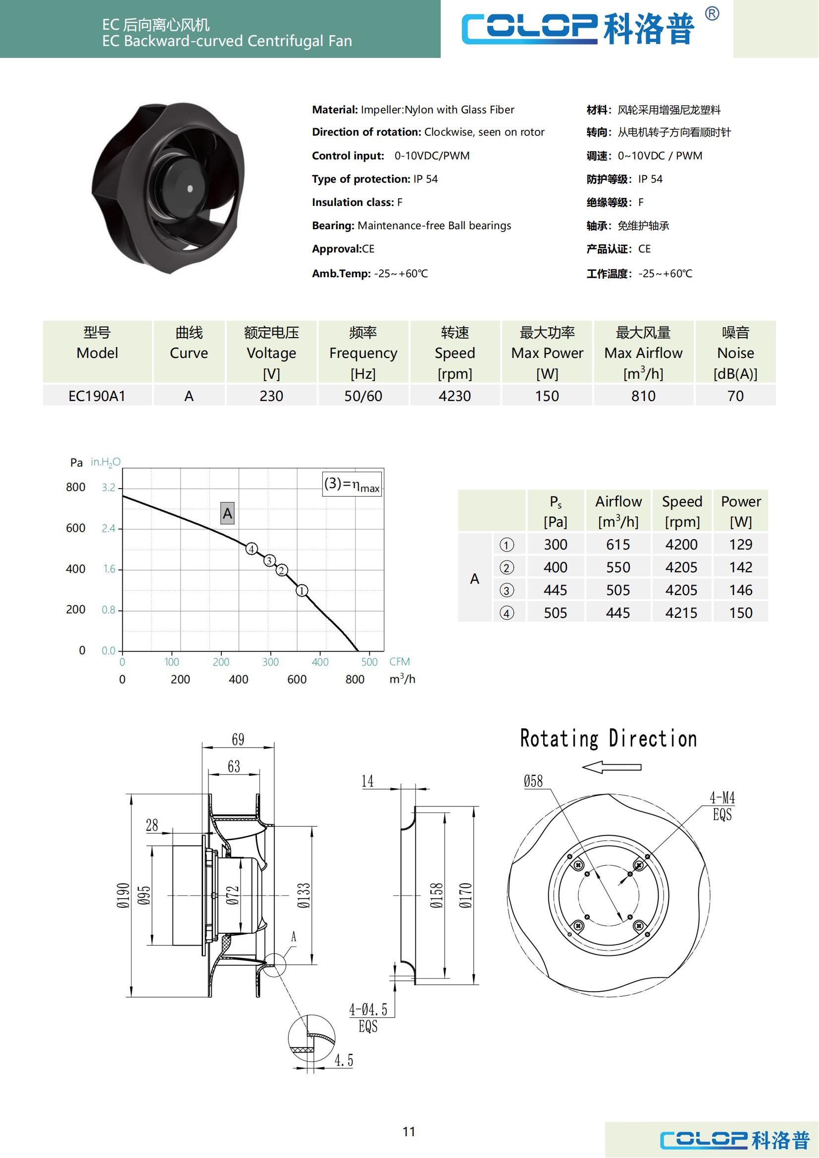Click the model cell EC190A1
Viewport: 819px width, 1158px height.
(97, 396)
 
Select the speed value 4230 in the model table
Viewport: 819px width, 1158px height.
(455, 396)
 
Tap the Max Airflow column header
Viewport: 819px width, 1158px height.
(644, 352)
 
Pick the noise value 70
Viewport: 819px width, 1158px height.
(735, 396)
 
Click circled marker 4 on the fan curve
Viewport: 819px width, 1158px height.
(252, 549)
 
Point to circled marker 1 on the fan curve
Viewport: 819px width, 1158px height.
(302, 591)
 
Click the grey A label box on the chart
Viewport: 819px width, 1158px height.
(227, 513)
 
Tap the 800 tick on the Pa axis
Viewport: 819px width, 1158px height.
(76, 487)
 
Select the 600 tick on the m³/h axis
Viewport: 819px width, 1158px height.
(297, 679)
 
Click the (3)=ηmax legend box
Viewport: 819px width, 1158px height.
(352, 484)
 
